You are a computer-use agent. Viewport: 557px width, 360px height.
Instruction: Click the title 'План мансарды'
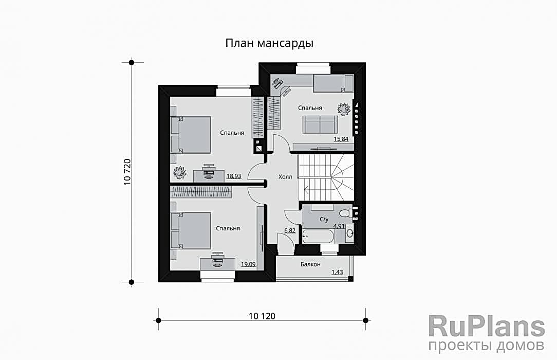(269, 43)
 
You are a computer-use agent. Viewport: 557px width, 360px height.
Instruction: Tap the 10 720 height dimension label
(127, 172)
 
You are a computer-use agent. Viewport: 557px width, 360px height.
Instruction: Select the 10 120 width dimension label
(262, 316)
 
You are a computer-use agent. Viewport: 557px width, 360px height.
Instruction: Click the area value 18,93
(234, 176)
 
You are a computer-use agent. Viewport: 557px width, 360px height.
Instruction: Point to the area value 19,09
(248, 264)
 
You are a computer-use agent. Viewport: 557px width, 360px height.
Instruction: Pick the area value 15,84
(341, 139)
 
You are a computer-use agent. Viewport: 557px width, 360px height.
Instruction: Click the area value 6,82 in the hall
(290, 230)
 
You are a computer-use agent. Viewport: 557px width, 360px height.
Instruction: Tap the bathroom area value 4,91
(339, 225)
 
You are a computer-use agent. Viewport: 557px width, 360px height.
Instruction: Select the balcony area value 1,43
(337, 272)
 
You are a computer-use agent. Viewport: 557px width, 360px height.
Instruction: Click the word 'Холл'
(285, 176)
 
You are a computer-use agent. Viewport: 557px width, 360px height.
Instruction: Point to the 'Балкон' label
(310, 264)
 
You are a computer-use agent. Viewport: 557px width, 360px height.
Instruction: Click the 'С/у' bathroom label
(324, 219)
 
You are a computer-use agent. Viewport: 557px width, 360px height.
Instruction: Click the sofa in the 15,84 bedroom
(320, 124)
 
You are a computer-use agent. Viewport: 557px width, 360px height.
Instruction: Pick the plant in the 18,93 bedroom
(180, 172)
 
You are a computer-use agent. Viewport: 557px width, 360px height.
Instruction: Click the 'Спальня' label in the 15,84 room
(310, 107)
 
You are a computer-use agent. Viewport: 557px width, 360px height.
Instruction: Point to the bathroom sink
(349, 233)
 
